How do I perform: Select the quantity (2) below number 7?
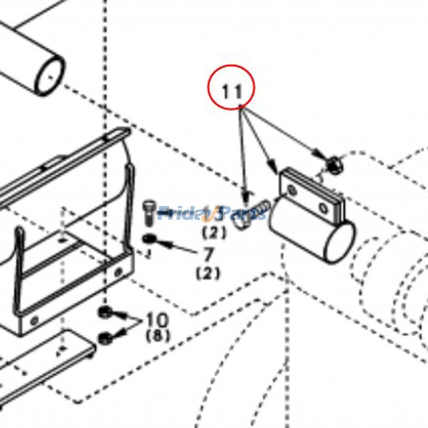208,273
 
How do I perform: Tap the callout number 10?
157,320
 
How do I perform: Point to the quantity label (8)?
158,337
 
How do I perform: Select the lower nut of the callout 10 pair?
105,337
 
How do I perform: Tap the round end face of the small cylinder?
340,242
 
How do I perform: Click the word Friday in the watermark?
185,214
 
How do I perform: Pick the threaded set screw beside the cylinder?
263,206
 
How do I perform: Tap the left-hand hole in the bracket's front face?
34,321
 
